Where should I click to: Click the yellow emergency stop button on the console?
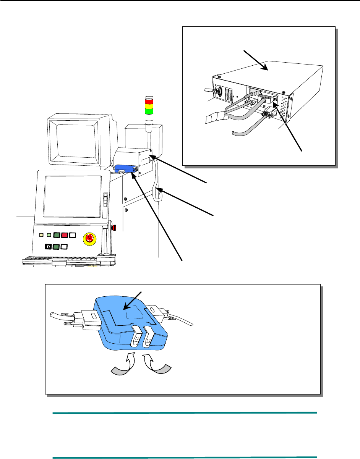coord(89,238)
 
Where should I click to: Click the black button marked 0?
coord(49,246)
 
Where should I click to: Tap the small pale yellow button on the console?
coord(41,235)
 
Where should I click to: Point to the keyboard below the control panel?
coord(61,261)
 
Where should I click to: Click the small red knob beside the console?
coord(113,229)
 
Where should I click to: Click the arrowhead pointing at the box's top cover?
coord(263,68)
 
